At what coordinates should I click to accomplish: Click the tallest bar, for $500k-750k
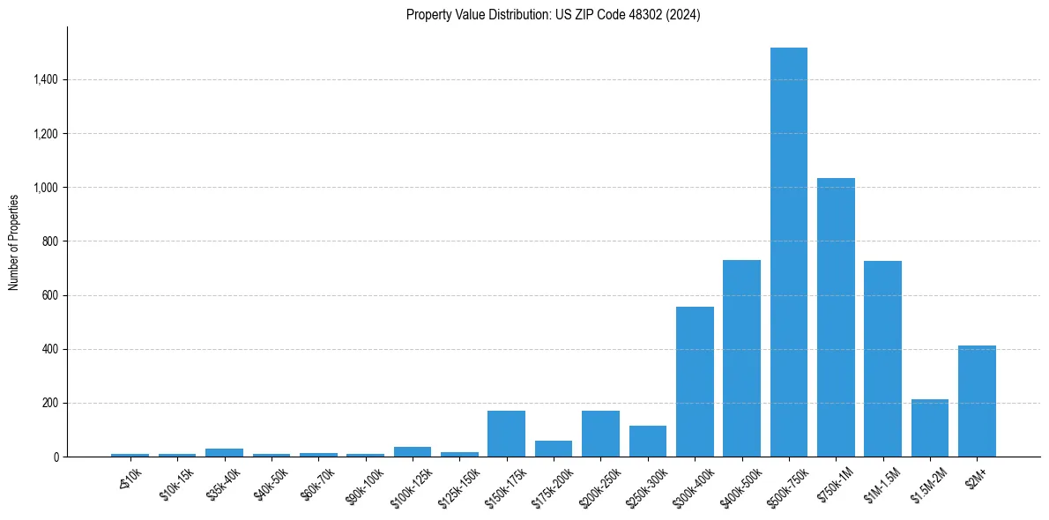click(788, 252)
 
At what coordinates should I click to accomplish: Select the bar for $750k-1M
click(836, 317)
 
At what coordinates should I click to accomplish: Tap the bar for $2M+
click(977, 401)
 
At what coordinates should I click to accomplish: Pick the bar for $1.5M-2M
click(929, 428)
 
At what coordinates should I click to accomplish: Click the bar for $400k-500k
click(741, 358)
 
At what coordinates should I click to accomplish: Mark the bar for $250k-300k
click(647, 442)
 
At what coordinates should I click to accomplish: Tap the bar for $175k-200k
click(554, 449)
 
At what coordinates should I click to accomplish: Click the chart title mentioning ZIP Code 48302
click(553, 15)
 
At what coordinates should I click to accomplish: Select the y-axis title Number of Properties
click(14, 241)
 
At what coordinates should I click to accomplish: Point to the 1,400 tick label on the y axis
click(45, 80)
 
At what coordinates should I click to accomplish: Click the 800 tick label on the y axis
click(49, 241)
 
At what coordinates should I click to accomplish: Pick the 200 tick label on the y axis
click(49, 403)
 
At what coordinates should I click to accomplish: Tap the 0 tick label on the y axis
click(55, 457)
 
